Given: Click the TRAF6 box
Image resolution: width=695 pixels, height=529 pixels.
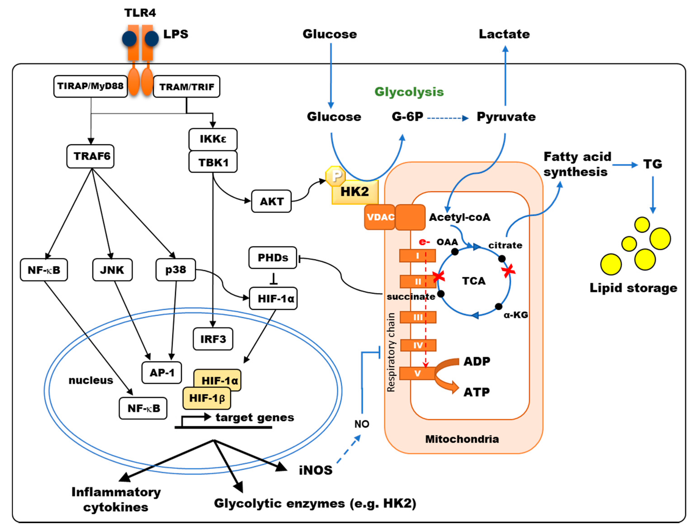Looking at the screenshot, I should [90, 156].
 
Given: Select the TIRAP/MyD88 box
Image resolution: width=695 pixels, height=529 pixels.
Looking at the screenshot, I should [90, 86].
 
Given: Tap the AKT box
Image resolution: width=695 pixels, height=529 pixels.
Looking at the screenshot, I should [271, 201].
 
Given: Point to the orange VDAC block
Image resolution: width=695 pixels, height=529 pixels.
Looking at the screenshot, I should [380, 217].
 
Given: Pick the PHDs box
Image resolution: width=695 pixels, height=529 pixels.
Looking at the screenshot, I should [273, 258].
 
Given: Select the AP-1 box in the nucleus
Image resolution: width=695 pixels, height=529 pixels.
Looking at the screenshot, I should [162, 373].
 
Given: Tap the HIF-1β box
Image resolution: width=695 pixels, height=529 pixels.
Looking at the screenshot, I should [206, 398].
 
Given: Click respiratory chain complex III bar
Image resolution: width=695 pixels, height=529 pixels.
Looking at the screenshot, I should [418, 317].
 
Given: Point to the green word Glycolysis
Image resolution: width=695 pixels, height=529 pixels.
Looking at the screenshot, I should [409, 92].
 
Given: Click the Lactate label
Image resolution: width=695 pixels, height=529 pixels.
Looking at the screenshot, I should [504, 34].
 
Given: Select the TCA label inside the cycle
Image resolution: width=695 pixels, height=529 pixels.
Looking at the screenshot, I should [473, 281].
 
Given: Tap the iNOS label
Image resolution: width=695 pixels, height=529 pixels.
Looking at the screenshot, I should [315, 470].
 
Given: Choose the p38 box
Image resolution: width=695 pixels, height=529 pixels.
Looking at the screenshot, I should [176, 269].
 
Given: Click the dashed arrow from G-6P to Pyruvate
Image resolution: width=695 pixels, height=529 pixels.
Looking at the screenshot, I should [447, 118].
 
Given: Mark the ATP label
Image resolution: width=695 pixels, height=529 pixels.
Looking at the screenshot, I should [476, 392].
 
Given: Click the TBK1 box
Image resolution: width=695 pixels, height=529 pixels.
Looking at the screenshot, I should [213, 162].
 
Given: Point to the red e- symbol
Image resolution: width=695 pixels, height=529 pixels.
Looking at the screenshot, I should [424, 242].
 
